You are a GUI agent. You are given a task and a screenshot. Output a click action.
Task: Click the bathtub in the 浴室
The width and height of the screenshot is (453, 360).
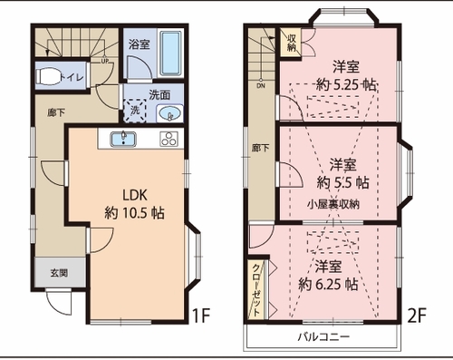pos(170,53)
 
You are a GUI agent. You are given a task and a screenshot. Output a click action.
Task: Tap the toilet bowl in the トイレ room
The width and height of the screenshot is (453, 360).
pos(48,76)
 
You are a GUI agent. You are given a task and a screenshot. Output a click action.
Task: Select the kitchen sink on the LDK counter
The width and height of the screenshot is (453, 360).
pos(123,140)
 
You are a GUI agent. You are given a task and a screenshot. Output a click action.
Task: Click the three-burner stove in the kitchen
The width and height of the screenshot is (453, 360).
pos(169,140)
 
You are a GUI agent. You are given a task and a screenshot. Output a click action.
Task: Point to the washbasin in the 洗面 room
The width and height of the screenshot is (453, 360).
pos(170,114)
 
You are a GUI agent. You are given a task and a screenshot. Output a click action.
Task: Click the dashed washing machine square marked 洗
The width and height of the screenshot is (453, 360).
pos(135,111)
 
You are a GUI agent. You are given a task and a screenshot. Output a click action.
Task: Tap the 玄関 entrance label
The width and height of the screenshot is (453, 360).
pos(59,273)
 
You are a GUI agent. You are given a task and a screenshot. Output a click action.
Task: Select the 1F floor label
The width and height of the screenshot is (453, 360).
pos(201,316)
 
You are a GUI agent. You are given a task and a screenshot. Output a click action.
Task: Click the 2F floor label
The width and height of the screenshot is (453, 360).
pos(417,316)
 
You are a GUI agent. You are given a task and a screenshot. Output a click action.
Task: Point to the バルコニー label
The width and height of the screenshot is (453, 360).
pos(323,336)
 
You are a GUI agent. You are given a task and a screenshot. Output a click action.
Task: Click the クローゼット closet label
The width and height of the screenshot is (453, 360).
pos(256,290)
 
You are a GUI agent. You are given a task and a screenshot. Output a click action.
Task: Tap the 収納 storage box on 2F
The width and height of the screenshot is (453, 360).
pos(291,42)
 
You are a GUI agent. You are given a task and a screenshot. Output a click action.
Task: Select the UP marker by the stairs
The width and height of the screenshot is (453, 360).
pos(104,60)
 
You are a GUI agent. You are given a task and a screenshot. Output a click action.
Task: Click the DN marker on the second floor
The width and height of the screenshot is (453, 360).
pos(261,85)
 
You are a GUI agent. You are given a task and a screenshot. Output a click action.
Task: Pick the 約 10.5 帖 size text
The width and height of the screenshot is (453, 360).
pos(135,213)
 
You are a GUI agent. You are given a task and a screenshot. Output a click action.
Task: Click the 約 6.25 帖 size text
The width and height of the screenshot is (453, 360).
pos(328,284)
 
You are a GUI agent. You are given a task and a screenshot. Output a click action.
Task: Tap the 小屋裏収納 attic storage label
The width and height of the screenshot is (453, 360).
pos(333,205)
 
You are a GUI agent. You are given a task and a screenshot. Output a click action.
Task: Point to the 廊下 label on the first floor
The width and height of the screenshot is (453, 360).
pos(56,112)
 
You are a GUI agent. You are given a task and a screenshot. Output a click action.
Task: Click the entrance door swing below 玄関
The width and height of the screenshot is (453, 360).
pos(59,303)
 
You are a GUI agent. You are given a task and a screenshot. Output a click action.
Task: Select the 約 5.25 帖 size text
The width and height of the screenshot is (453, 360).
pos(346,85)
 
